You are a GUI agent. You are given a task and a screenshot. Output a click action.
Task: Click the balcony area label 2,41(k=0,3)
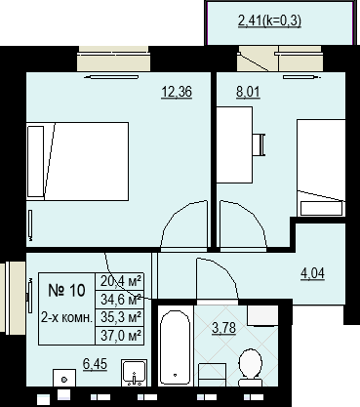[269, 20]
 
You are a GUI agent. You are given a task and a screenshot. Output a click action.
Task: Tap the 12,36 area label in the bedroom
[177, 92]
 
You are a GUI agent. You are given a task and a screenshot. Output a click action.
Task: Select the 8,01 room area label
[248, 92]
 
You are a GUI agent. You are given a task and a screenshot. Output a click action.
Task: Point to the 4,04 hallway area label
[312, 273]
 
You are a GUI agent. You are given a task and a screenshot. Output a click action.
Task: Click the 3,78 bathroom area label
[223, 328]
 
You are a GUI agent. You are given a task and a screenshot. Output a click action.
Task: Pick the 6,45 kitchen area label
[95, 364]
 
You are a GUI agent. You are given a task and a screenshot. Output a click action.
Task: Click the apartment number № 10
[66, 290]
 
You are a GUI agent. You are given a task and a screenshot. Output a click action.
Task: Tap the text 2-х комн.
[66, 317]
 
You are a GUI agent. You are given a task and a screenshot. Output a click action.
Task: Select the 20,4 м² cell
[120, 281]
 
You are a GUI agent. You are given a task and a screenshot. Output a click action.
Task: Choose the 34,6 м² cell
[120, 300]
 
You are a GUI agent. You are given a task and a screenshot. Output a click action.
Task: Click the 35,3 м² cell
[120, 317]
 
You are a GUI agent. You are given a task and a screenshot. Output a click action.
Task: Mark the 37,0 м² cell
[120, 335]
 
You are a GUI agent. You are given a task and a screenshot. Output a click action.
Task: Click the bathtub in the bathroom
[175, 347]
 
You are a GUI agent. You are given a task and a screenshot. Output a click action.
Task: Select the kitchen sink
[134, 373]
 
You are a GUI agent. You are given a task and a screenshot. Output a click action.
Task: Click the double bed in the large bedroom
[77, 161]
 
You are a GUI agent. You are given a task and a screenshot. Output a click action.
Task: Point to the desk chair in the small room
[260, 144]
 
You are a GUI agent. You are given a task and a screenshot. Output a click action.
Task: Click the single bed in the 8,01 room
[321, 168]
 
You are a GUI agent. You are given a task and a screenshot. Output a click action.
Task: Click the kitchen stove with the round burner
[64, 379]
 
